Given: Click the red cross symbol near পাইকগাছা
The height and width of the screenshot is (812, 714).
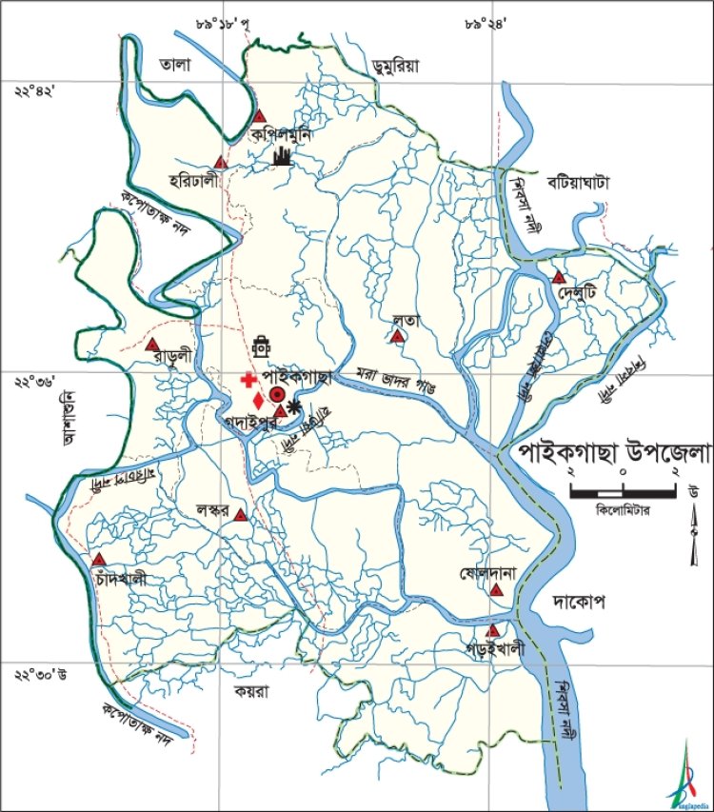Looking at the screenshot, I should point(249,379).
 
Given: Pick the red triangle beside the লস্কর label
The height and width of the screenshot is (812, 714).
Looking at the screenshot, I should point(241,516).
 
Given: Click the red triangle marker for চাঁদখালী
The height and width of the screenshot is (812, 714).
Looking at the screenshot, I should point(97,560).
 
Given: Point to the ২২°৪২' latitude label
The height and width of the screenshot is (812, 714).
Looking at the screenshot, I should point(36,91).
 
